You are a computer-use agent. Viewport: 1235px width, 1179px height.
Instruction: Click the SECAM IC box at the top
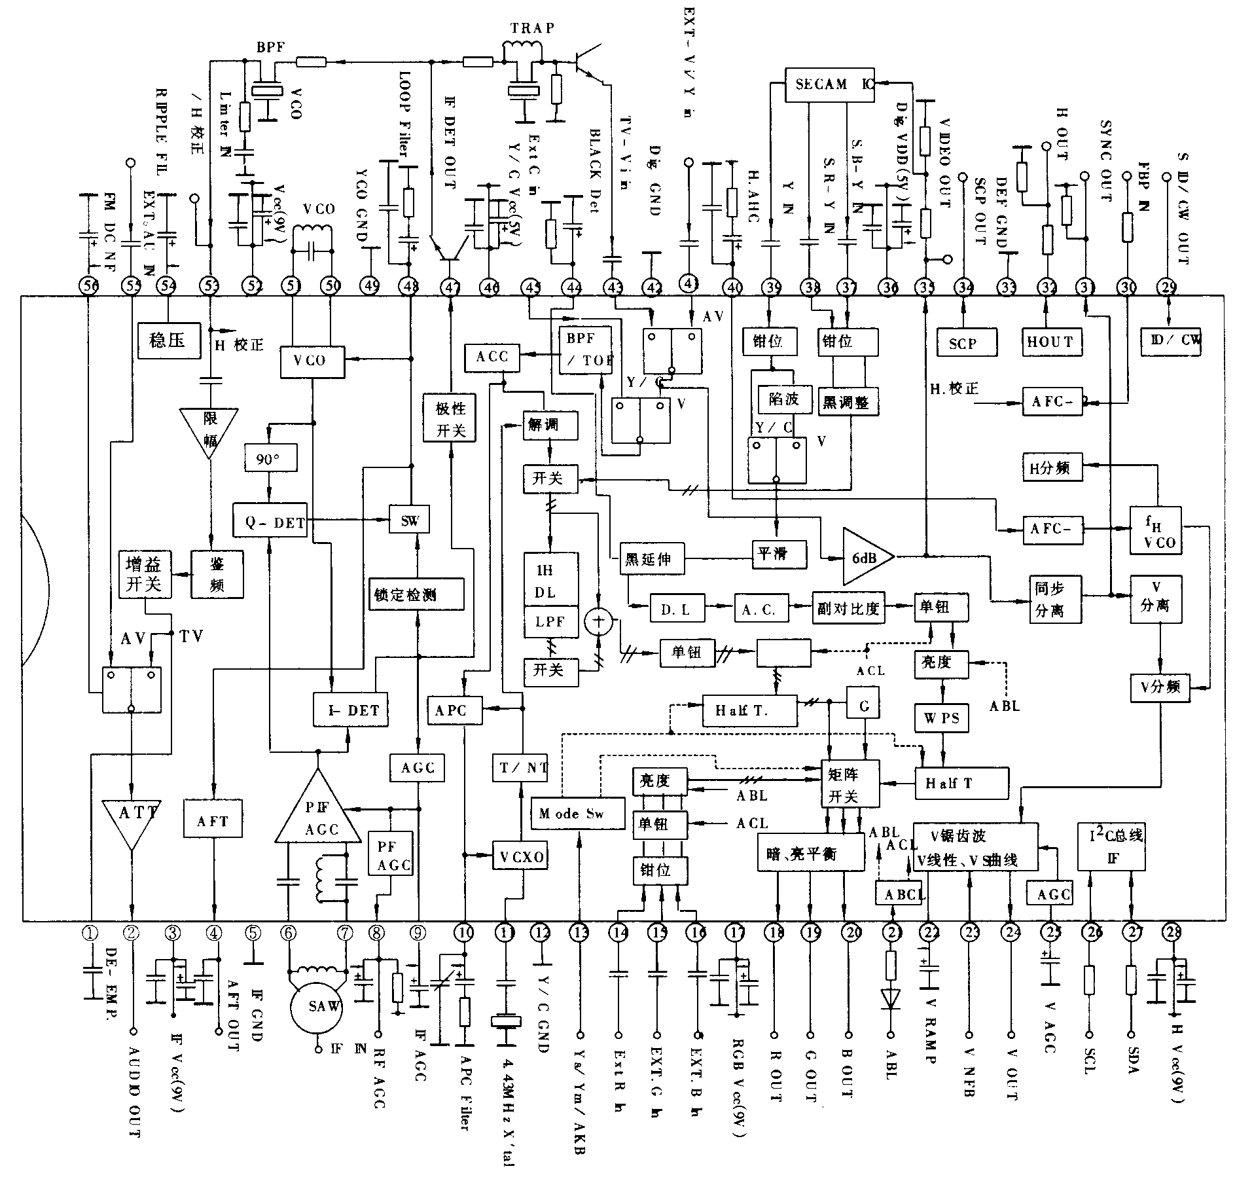829,85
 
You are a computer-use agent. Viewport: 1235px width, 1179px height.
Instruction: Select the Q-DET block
270,520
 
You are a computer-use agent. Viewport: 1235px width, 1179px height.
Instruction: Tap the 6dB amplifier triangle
864,556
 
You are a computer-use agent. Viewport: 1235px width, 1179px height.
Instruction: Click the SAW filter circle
317,1006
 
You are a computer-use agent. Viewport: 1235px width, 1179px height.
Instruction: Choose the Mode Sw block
577,814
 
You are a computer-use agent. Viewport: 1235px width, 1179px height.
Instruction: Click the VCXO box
520,857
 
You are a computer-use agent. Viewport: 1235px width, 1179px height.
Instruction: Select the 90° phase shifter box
270,458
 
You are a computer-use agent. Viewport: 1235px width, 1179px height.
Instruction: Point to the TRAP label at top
532,28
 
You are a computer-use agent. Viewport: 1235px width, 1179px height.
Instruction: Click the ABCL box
903,893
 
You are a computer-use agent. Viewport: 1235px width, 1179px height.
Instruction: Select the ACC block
492,357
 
